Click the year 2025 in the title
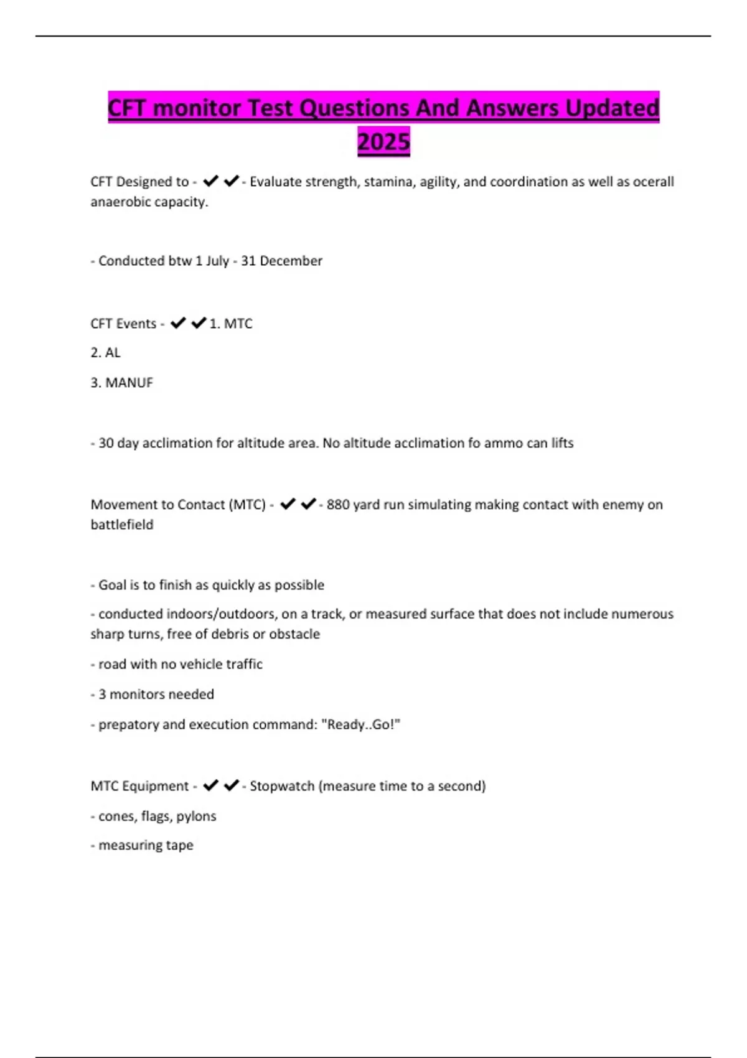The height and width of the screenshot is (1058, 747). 383,141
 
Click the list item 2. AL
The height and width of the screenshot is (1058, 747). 106,352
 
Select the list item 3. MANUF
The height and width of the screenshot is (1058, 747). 122,382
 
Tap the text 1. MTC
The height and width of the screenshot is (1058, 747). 231,324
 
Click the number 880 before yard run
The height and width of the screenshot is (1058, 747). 338,504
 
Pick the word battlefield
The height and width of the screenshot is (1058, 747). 122,525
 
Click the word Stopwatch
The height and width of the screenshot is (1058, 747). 282,786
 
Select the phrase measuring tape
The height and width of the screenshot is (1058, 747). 146,845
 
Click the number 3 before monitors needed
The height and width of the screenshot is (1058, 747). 102,694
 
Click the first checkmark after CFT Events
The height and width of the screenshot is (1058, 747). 178,323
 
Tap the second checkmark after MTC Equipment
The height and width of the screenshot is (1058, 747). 231,785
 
